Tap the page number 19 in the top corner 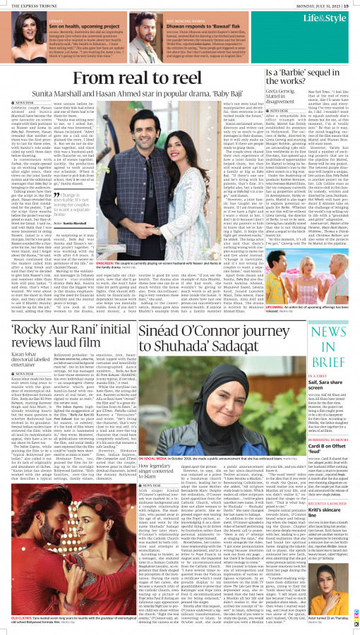tap(353, 4)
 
